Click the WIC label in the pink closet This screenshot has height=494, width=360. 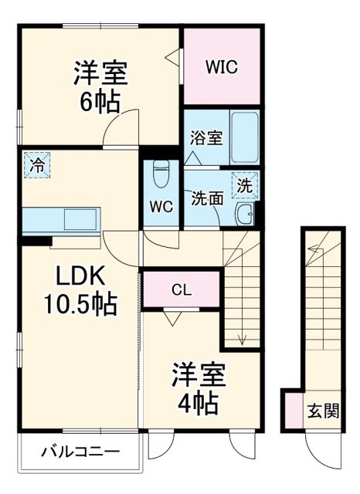[220, 67]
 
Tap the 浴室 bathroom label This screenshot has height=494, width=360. [206, 139]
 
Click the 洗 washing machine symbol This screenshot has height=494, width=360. [244, 185]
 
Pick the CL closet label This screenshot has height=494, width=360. [181, 290]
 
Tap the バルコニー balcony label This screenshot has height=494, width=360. [80, 452]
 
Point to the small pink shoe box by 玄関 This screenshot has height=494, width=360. [292, 409]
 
